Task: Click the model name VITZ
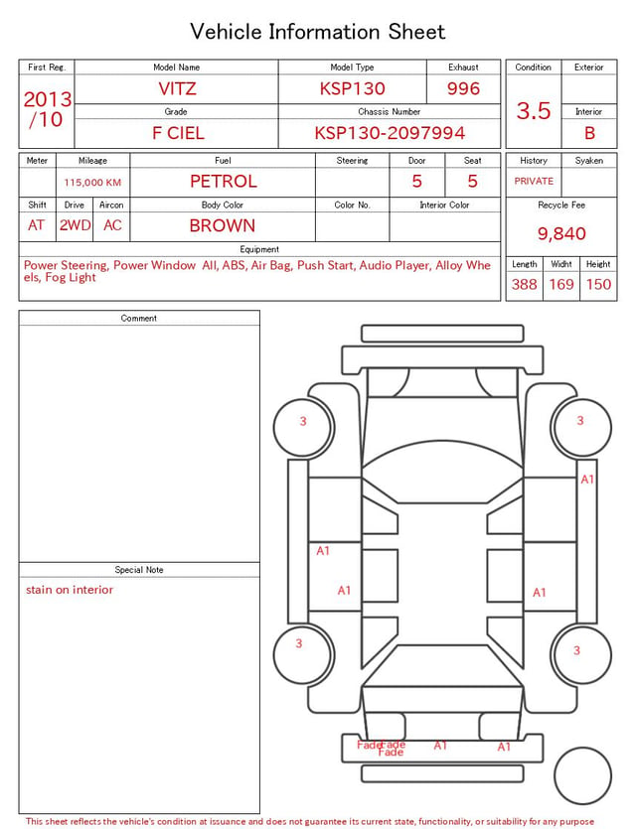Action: pos(177,88)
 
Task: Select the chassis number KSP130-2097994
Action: pos(390,133)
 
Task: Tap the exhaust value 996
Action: pos(463,88)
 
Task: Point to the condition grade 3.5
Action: pos(534,110)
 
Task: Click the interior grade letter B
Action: pos(589,133)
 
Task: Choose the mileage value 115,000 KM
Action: pos(92,183)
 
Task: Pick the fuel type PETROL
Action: pos(224,182)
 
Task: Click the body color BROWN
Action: pos(223,225)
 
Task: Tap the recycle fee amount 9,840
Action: pos(561,233)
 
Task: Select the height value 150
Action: pos(598,284)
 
